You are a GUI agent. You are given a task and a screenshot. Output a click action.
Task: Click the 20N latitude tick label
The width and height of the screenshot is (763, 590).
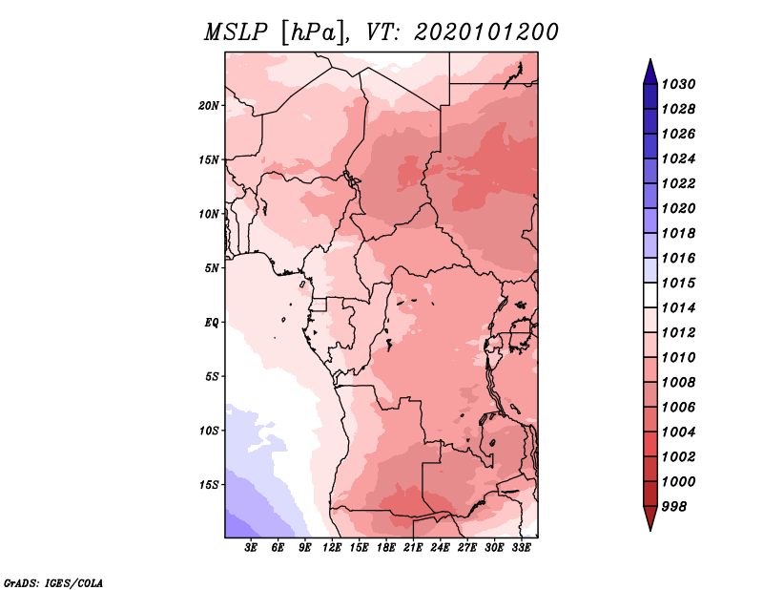coord(209,106)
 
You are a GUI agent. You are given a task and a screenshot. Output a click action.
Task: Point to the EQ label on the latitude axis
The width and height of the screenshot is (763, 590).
coord(212,323)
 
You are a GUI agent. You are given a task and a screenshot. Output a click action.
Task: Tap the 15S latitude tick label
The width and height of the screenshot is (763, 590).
coord(209,485)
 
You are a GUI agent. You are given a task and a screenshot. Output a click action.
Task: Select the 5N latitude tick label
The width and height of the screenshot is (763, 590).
coord(212,268)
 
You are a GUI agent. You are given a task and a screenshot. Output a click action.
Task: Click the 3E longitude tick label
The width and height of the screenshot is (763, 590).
coord(251,548)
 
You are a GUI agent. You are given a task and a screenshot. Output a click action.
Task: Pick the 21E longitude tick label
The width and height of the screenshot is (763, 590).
coord(413,548)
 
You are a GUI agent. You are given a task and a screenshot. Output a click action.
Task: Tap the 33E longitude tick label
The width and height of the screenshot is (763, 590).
coord(521,548)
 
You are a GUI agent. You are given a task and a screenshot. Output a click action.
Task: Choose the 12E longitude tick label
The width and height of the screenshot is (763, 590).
coord(331,548)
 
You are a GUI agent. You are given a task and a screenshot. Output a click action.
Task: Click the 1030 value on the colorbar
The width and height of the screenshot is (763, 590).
coord(678,84)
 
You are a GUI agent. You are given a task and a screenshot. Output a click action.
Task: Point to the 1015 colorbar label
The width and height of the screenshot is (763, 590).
coord(678,283)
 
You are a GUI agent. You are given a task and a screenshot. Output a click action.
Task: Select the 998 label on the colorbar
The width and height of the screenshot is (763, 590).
coord(674,507)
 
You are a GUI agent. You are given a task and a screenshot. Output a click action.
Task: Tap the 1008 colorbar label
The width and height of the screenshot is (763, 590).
coord(678,383)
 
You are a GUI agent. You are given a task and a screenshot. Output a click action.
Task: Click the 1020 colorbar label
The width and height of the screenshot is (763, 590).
coord(678,208)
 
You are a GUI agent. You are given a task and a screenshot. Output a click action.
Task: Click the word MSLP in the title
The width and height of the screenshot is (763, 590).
coord(236,32)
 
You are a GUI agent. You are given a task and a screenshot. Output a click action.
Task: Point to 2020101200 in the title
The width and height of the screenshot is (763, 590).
coord(486,32)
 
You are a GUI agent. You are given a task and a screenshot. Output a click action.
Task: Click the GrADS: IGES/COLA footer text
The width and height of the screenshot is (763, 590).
coord(53,582)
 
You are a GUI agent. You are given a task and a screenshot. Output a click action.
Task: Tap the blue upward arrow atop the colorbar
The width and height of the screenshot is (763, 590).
coord(650,74)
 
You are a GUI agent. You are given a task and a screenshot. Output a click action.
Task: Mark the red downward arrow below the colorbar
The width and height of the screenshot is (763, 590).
coord(650,516)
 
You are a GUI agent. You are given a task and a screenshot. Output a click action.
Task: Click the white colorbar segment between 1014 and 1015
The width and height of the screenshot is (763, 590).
coord(650,295)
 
